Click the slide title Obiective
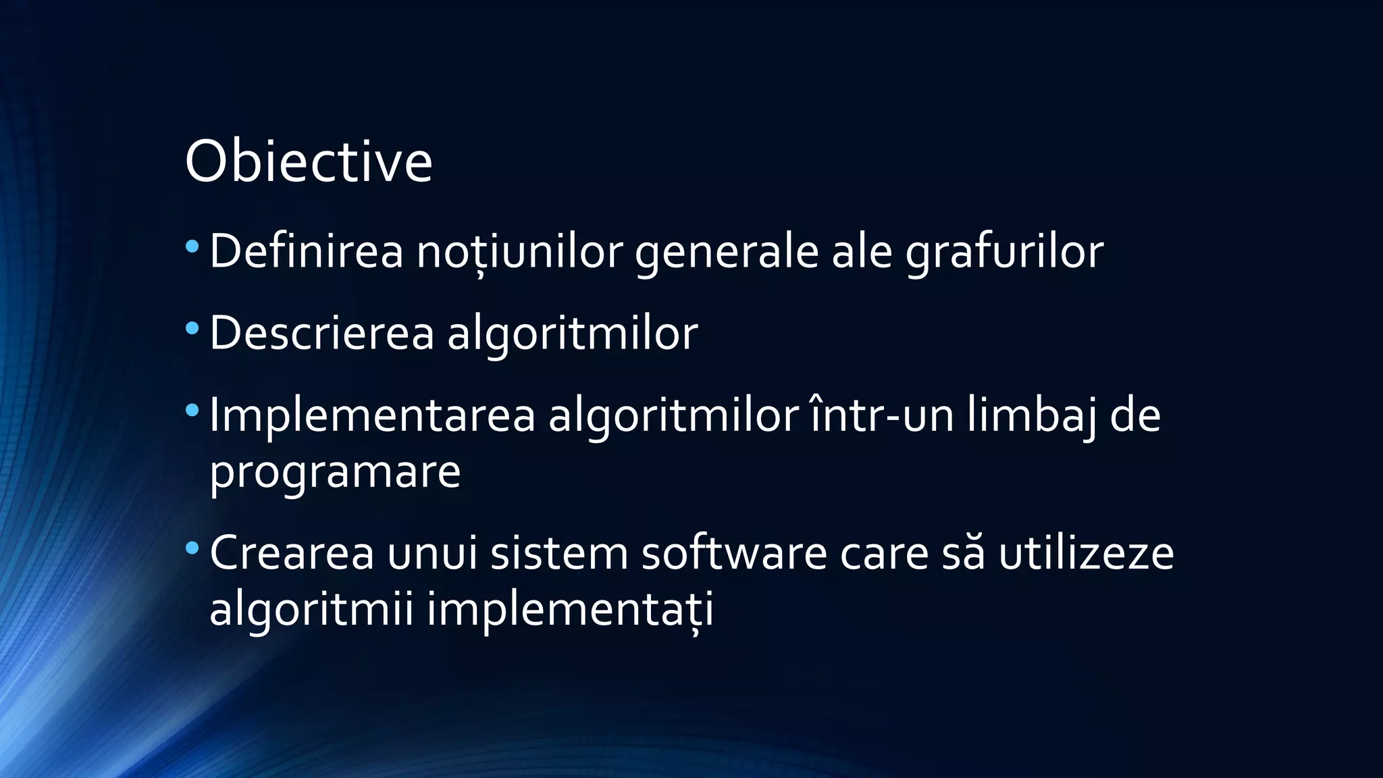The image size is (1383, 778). click(x=308, y=161)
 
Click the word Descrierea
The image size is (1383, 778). click(x=321, y=334)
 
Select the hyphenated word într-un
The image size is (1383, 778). click(x=882, y=415)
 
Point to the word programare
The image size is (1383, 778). click(x=335, y=472)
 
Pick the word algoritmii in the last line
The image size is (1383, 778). click(x=311, y=609)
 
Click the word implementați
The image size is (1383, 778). click(x=570, y=609)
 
